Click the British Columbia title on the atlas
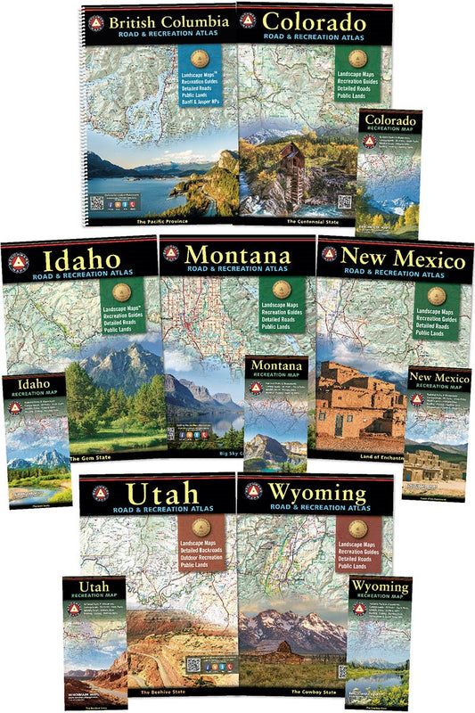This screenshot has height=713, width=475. click(164, 20)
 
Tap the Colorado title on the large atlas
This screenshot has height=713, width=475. click(315, 21)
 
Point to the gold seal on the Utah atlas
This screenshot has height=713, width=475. click(197, 525)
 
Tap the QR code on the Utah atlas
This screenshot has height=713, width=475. click(194, 666)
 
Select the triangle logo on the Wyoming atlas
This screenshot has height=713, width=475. click(253, 491)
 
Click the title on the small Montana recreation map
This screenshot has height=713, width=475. click(277, 366)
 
